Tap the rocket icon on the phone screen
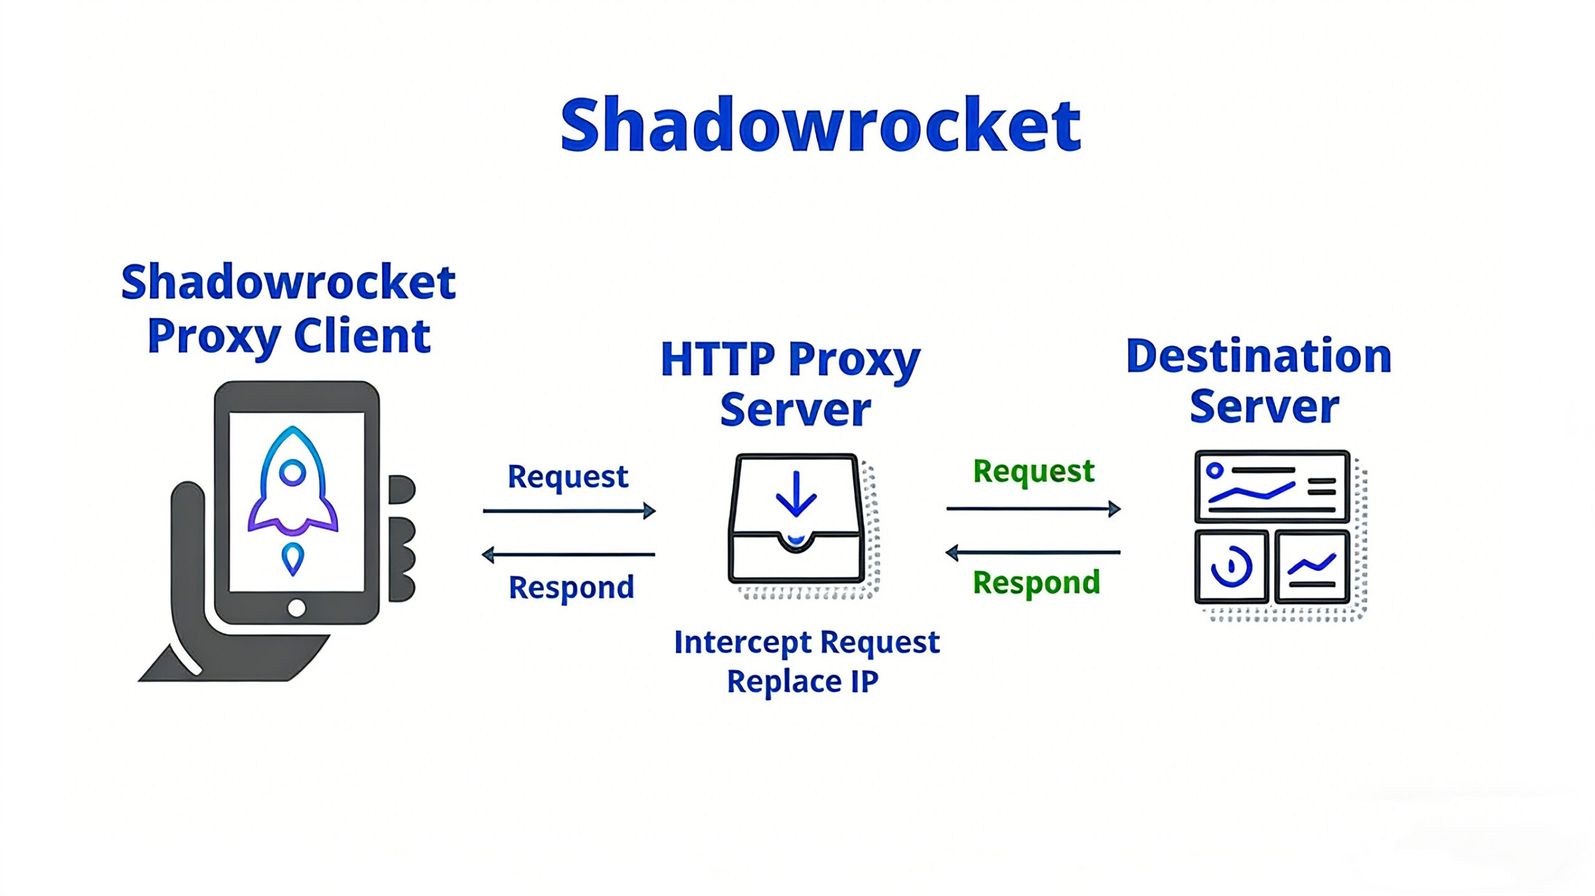292,483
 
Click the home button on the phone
297,607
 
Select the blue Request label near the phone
568,477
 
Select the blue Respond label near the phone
571,587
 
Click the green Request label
1033,471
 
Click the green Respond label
1036,583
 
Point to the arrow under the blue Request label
569,511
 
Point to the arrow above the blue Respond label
569,554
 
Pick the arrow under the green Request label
1033,509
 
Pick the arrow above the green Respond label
1033,552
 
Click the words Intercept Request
806,642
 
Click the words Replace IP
802,681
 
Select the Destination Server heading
1260,380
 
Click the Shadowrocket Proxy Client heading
288,309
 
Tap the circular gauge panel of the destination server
1231,567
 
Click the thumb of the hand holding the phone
187,548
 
